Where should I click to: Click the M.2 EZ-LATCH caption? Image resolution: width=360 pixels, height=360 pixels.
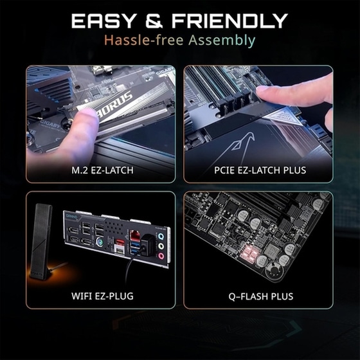(x=100, y=170)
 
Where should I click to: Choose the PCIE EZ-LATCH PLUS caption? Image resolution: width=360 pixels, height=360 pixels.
(x=259, y=170)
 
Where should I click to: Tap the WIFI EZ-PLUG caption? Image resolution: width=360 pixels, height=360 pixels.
(x=100, y=296)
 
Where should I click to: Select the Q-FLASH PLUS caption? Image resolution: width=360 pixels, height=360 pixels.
(x=259, y=296)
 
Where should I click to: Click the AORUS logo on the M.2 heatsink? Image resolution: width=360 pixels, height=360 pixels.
(x=114, y=101)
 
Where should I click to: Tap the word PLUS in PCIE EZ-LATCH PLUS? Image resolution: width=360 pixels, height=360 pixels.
(x=294, y=170)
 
